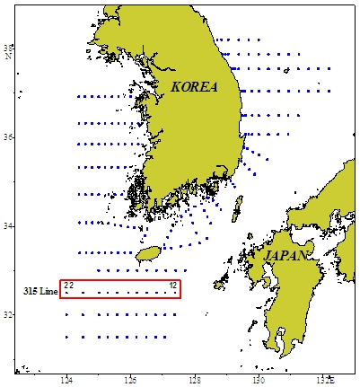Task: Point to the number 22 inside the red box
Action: pos(69,286)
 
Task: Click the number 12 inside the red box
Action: pos(173,286)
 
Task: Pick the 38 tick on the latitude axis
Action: pos(8,48)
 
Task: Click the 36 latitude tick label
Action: pos(8,136)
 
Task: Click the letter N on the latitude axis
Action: pos(8,57)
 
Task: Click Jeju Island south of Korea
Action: pos(148,255)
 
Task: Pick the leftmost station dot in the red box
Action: pos(68,293)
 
